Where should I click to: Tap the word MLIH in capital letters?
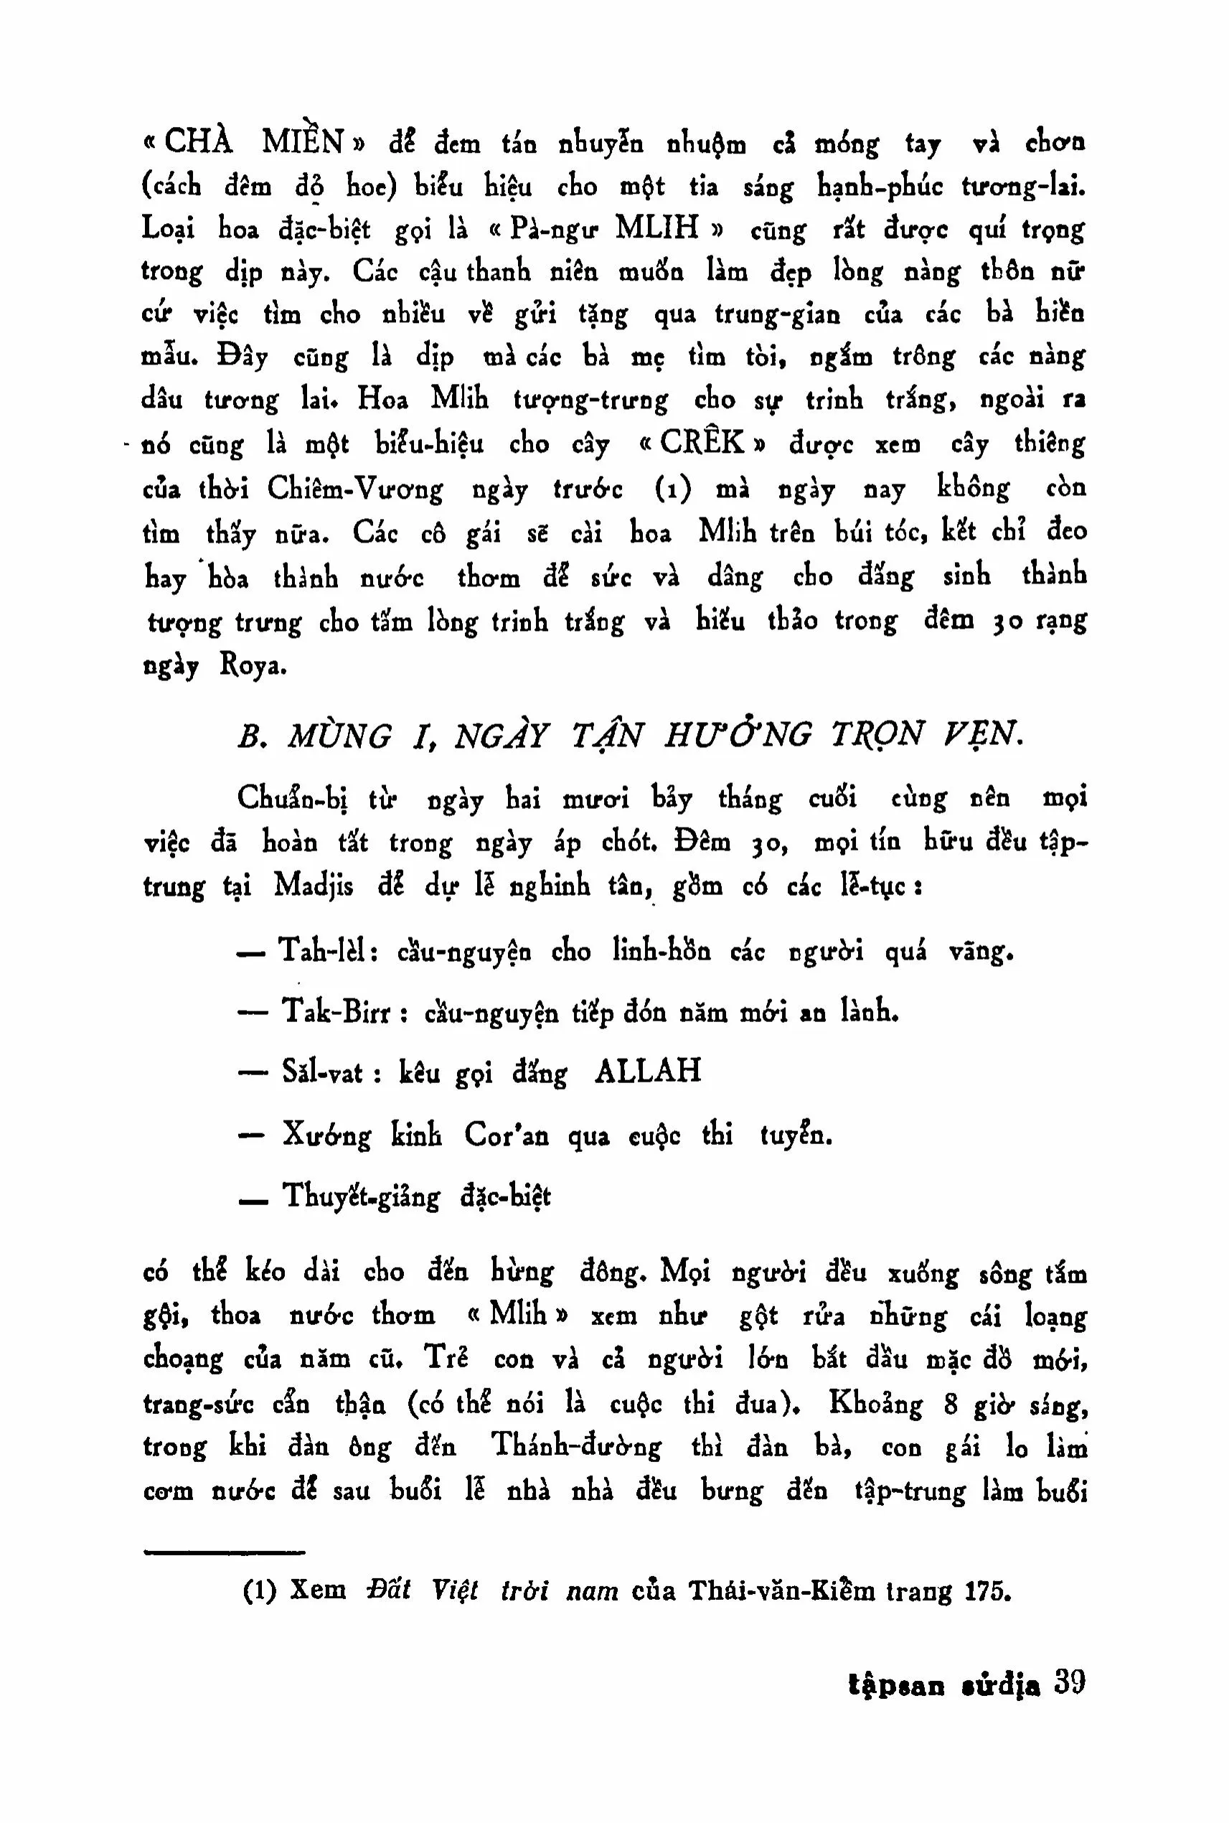[x=656, y=228]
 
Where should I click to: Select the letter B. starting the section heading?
[x=248, y=736]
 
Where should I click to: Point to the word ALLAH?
[x=647, y=1070]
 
